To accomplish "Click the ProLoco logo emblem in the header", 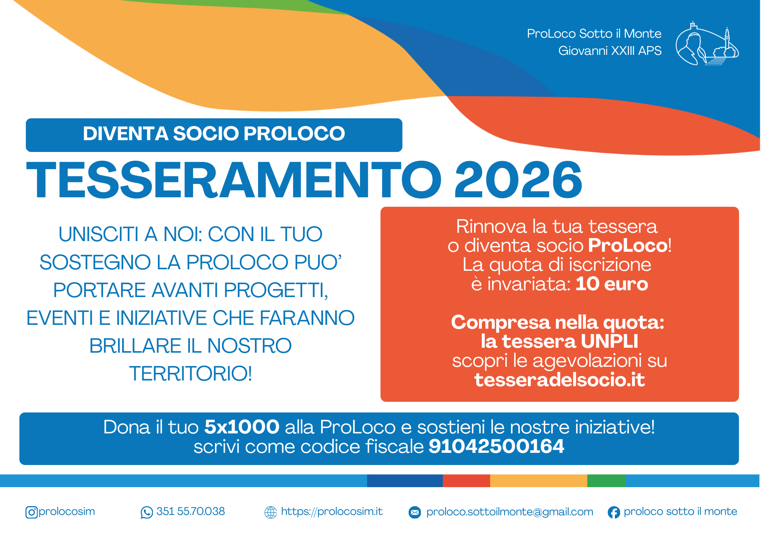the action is [707, 43].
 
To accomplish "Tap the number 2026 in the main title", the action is [518, 180].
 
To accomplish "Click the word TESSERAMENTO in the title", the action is [234, 180].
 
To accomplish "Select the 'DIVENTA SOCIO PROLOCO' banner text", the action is [214, 134].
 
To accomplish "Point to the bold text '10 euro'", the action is [612, 284].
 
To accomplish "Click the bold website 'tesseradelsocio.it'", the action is [559, 380].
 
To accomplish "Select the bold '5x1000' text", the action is [242, 427].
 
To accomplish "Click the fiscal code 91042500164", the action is [497, 446].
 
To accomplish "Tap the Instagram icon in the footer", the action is [32, 512].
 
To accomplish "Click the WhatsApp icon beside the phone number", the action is [146, 512].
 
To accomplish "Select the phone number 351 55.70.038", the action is [191, 511].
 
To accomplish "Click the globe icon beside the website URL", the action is [271, 512].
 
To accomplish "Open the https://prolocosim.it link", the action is [332, 511].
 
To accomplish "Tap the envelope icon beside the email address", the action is [415, 513].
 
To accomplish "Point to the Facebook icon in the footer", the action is [614, 512].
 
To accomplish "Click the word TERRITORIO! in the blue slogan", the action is [191, 374].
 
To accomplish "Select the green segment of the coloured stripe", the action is [607, 481].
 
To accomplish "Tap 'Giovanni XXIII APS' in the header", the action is [610, 51].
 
